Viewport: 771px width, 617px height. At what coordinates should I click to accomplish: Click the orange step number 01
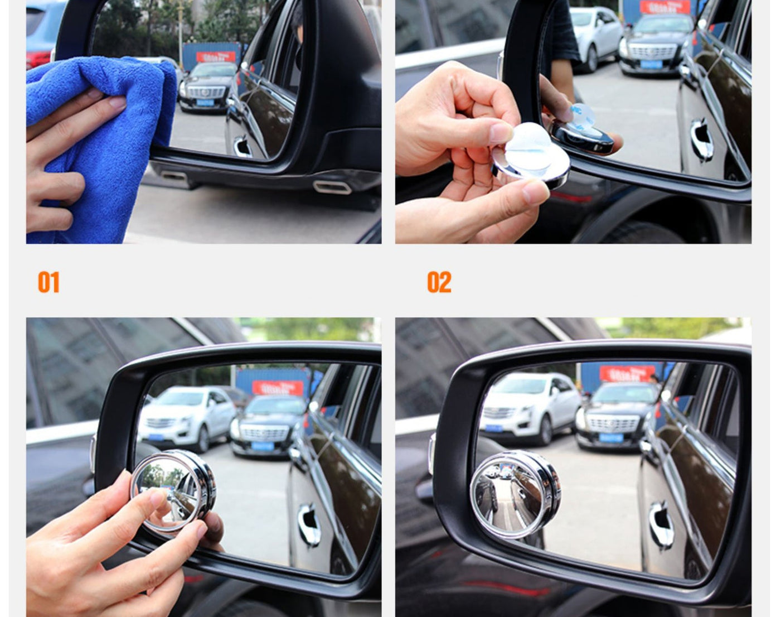[49, 282]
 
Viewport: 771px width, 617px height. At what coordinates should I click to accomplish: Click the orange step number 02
[439, 282]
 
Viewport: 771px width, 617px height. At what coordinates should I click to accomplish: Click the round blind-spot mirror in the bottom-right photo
[515, 494]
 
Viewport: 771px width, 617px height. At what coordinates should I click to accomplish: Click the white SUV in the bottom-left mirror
[187, 416]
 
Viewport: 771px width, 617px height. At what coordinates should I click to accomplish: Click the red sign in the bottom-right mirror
[627, 373]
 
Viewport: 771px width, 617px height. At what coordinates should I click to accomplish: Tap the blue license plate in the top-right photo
[651, 65]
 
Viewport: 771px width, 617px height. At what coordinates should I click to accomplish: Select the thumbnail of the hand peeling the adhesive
[573, 122]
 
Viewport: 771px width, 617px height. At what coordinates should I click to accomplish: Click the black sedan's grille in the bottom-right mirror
[612, 424]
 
